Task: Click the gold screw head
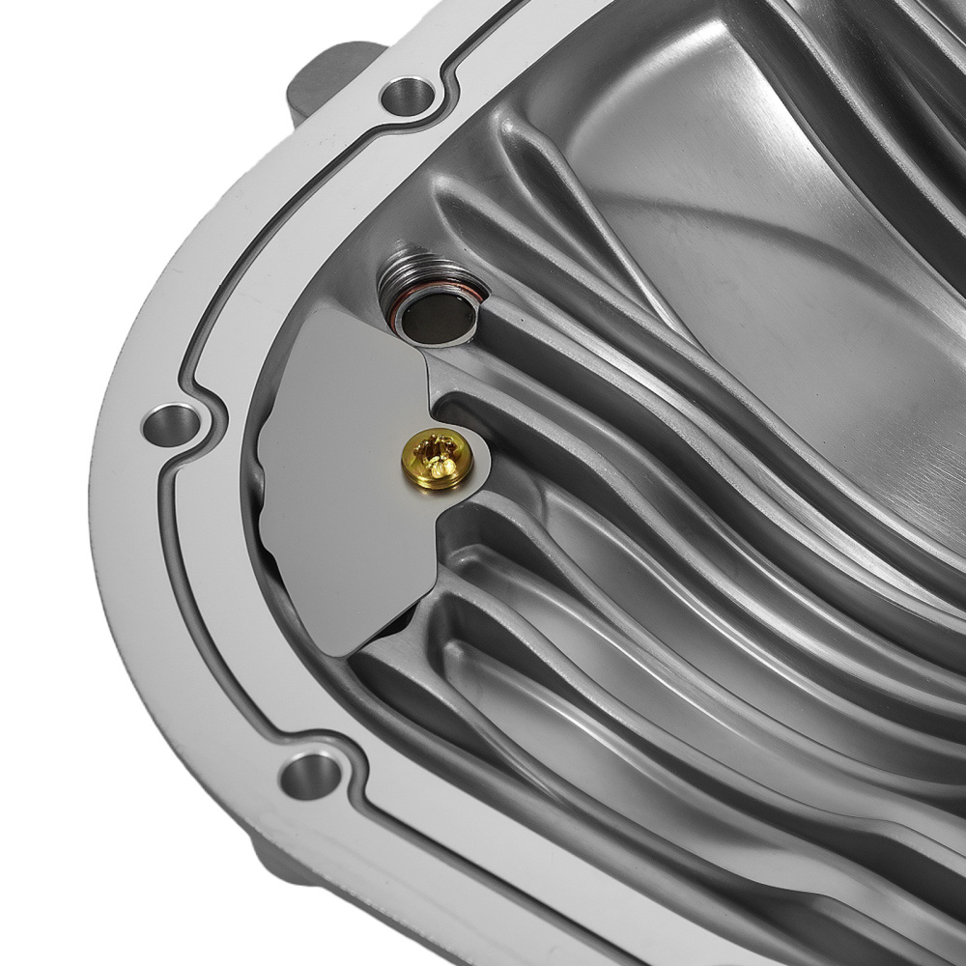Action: pyautogui.click(x=438, y=458)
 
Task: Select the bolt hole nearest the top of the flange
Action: pyautogui.click(x=408, y=95)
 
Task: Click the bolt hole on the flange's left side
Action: pyautogui.click(x=172, y=424)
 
